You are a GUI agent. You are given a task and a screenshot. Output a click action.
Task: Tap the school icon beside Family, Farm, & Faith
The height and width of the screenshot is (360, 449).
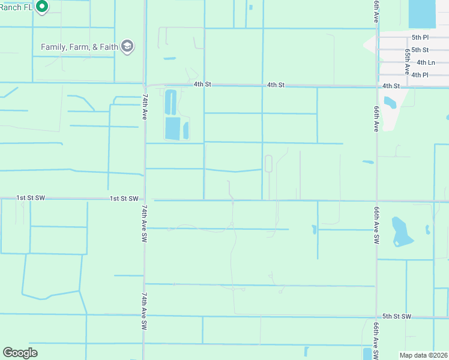tap(127, 46)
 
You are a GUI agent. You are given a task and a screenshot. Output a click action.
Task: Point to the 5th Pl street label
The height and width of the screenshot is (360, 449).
tap(420, 37)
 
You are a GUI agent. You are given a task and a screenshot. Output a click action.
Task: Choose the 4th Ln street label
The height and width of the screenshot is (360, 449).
tap(426, 62)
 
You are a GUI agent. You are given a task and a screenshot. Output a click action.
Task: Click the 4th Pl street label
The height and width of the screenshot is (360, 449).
tap(420, 75)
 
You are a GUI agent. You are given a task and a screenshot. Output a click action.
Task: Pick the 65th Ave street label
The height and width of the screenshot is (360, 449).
tap(408, 58)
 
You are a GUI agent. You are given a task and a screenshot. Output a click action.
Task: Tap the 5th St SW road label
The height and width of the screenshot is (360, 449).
tap(397, 316)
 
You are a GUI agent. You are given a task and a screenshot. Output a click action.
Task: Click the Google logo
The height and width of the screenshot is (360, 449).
tap(20, 353)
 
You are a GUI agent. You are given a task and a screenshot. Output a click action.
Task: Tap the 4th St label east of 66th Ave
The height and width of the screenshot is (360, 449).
tap(391, 86)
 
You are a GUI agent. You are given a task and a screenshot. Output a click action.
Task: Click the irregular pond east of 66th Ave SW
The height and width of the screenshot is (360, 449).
tap(399, 231)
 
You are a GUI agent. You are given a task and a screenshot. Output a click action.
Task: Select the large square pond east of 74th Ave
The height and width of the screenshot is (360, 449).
tap(172, 128)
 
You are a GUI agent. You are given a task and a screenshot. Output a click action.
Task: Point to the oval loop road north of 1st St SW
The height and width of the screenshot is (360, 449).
tap(268, 164)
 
